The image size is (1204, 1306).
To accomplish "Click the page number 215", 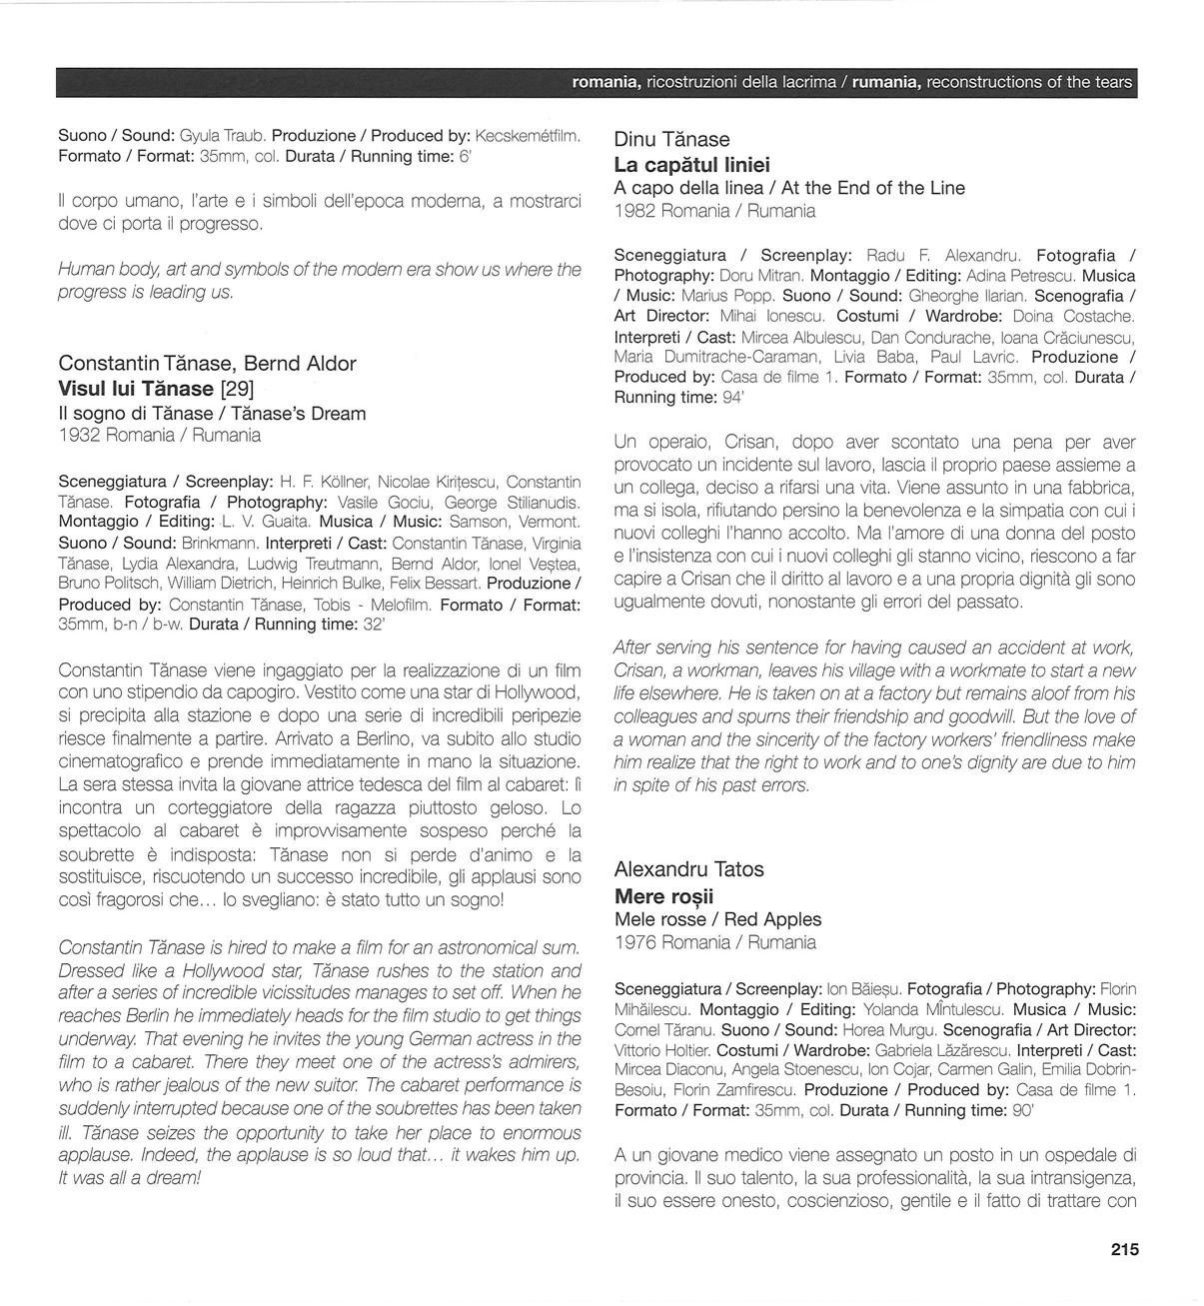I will click(1123, 1249).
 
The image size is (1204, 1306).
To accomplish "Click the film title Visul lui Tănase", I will click(136, 389).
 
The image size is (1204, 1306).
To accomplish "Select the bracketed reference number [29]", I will click(237, 389).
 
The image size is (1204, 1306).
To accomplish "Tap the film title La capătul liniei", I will click(691, 165).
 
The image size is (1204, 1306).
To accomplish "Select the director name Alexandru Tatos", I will click(688, 869).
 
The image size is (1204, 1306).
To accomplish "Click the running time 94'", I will click(730, 398).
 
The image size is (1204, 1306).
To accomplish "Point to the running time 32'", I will click(374, 625).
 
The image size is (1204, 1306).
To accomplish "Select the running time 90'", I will click(1022, 1110).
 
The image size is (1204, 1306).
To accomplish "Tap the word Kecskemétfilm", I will click(528, 135).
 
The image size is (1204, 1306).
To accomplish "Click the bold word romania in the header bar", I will click(605, 83).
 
